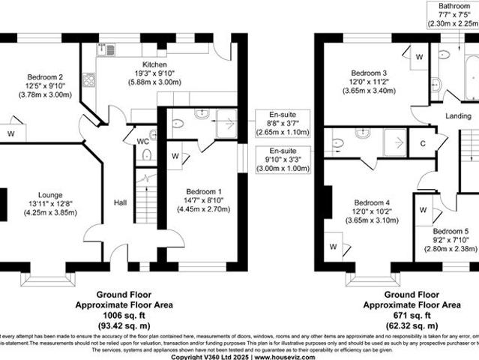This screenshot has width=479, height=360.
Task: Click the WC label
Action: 142,141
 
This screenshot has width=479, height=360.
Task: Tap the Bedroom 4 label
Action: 372,203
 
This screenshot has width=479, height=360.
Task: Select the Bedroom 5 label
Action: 451,231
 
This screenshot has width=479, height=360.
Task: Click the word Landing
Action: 458,116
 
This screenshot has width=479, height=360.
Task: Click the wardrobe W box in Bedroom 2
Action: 11,133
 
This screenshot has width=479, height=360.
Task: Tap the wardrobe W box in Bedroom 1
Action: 175,157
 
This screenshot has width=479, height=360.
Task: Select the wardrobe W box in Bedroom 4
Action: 334,246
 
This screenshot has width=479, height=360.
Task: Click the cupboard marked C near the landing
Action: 423,142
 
